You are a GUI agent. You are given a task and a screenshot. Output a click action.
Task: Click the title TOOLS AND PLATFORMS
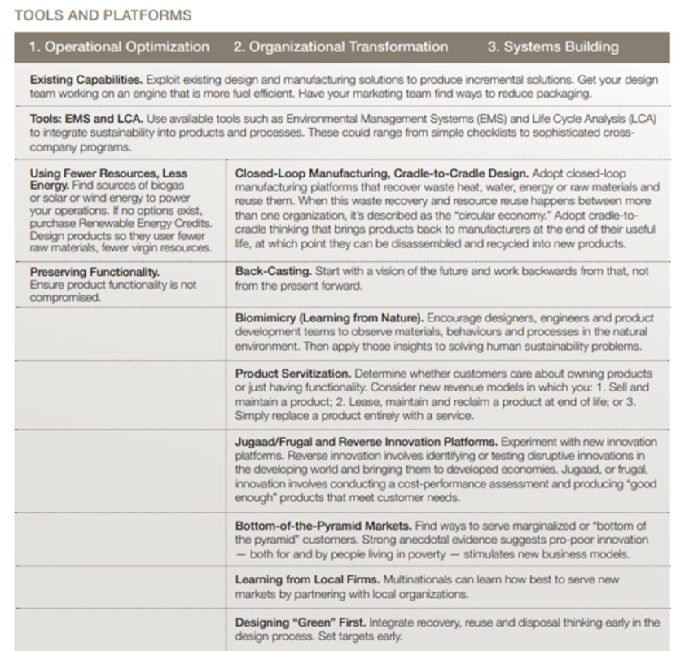[103, 15]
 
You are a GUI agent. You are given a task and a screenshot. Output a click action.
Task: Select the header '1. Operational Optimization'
[119, 47]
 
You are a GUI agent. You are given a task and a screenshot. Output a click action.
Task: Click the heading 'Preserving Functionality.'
[94, 273]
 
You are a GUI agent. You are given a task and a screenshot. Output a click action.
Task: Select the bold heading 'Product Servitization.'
[293, 373]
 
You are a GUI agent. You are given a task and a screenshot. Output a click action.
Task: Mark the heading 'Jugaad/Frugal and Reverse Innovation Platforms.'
[366, 441]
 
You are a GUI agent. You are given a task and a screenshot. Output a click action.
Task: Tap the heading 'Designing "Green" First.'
[300, 623]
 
